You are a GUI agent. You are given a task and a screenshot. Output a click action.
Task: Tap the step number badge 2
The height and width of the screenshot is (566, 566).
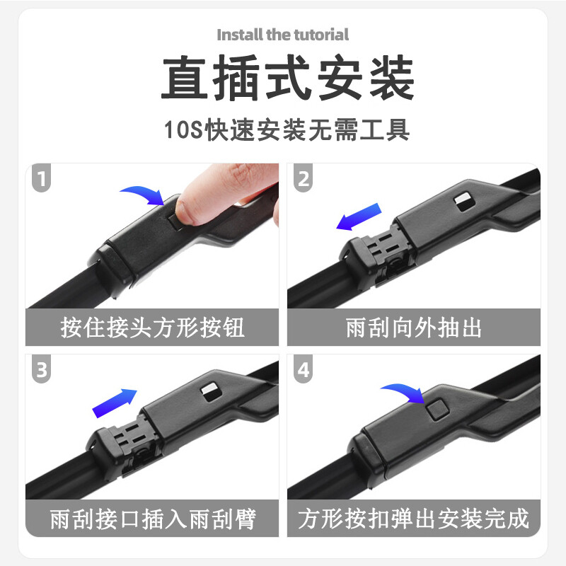(x=304, y=179)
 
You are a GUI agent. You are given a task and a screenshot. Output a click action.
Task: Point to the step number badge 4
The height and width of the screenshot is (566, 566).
(x=304, y=370)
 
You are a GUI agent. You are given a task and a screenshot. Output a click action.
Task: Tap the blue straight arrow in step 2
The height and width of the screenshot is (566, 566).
(x=359, y=217)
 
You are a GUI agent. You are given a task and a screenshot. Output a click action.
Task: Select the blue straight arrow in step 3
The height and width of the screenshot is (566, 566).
(x=114, y=402)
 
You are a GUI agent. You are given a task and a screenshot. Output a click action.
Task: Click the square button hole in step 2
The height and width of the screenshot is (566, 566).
(x=464, y=201)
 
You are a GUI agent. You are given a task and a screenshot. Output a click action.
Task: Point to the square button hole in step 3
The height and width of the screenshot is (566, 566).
(x=209, y=389)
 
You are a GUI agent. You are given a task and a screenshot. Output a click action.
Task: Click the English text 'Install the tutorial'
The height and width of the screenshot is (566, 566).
(x=283, y=34)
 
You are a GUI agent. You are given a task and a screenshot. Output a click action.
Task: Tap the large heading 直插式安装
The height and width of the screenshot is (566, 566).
(x=283, y=79)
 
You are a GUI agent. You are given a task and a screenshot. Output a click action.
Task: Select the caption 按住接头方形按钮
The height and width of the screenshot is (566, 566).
(x=153, y=328)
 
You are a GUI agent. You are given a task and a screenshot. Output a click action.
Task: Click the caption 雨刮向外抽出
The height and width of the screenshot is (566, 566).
(x=414, y=328)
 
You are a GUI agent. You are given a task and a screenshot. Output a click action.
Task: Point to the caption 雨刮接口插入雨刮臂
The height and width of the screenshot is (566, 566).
(x=153, y=519)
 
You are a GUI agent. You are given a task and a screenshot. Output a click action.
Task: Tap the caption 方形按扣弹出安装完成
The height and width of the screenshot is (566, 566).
(x=414, y=519)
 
